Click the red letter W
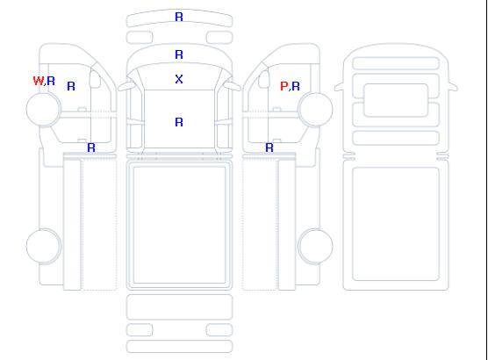tap(39, 81)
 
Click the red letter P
tap(283, 86)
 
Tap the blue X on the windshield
tap(179, 79)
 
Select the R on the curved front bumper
tap(179, 17)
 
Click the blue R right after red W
tap(51, 81)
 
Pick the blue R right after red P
tap(296, 86)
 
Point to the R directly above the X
tap(179, 54)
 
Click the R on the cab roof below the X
tap(179, 122)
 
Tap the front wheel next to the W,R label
tap(44, 109)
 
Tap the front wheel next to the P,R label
tap(315, 109)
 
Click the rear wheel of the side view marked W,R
tap(44, 246)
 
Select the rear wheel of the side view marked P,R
tap(315, 246)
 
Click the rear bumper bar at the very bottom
tap(180, 346)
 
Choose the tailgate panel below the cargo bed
tap(180, 306)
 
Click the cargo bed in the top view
tap(180, 225)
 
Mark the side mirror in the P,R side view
tap(264, 79)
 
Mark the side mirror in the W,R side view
tap(95, 79)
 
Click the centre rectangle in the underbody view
tap(396, 100)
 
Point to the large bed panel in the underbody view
tap(396, 224)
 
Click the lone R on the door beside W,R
tap(71, 86)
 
